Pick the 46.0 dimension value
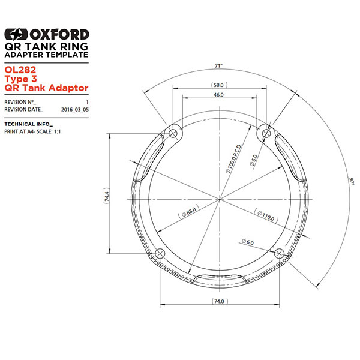tap(218, 95)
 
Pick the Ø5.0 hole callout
tap(254, 160)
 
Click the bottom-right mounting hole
tap(277, 254)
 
